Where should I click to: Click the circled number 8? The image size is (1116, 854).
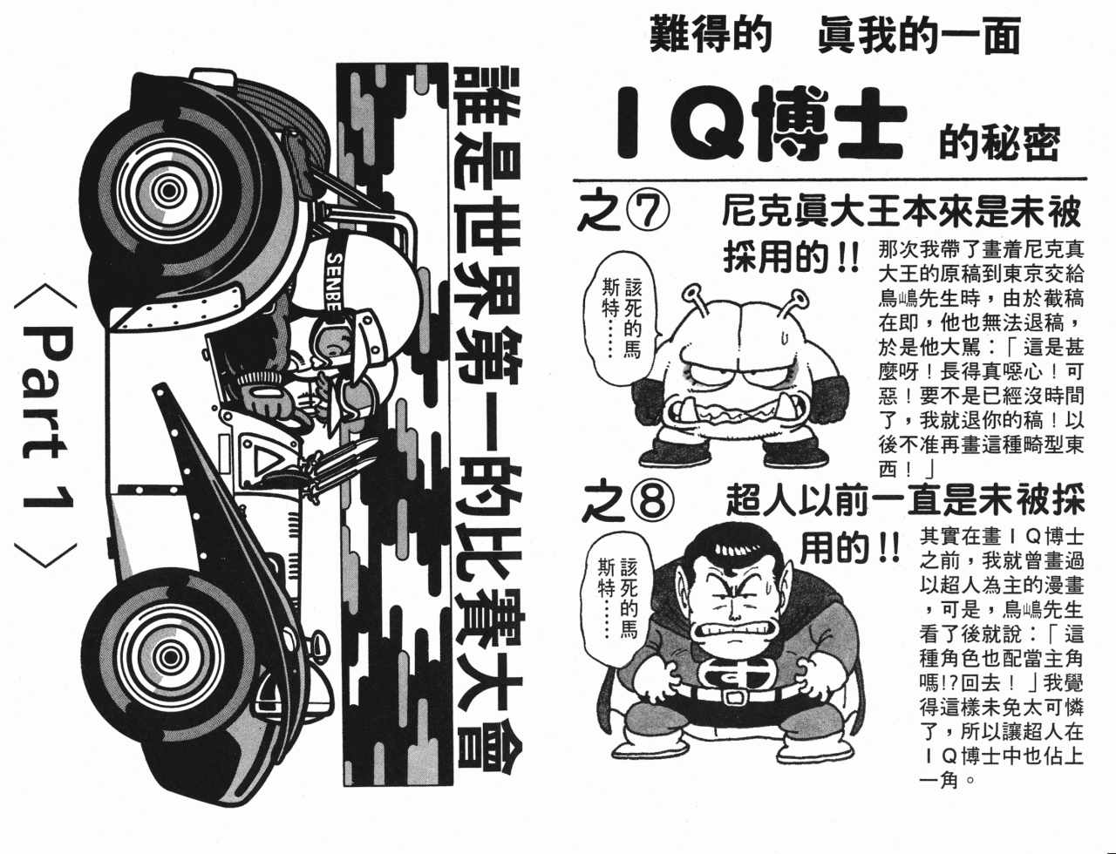[651, 501]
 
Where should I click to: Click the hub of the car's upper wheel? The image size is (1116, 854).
[168, 191]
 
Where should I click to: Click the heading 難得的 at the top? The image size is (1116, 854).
[711, 35]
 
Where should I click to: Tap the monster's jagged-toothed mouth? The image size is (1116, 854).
[738, 413]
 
